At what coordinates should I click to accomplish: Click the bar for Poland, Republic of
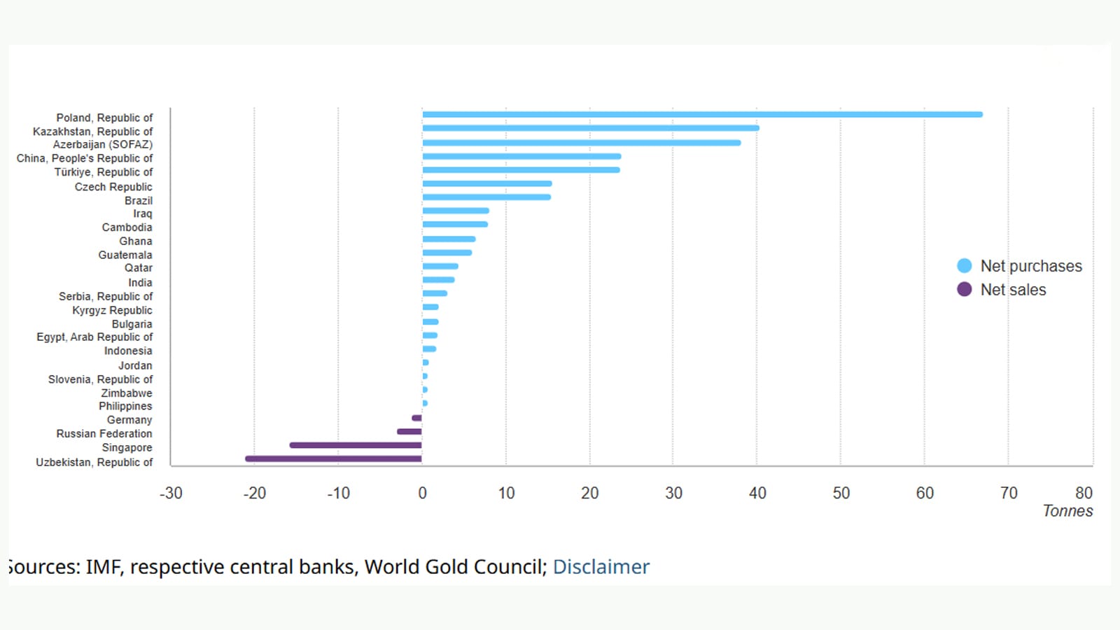click(702, 114)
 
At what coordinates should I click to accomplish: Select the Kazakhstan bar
click(590, 128)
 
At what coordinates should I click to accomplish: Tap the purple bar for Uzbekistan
click(333, 458)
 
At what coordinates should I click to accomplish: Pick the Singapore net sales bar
click(356, 445)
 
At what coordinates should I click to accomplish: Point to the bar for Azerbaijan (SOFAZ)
click(581, 143)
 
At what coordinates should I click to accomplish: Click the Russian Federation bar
click(409, 432)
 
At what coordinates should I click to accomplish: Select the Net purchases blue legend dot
click(964, 266)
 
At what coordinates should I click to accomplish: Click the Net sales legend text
click(1013, 290)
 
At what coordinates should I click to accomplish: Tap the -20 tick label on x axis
click(254, 493)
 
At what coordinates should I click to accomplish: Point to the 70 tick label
click(1008, 493)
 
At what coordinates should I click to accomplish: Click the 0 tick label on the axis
click(422, 493)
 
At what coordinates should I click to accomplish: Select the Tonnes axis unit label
click(1067, 511)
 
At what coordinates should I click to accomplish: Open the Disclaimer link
click(601, 566)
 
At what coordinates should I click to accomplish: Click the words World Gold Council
click(454, 566)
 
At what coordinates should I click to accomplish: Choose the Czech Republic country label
click(113, 187)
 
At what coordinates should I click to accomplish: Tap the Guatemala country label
click(125, 255)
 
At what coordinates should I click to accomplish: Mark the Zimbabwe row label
click(127, 393)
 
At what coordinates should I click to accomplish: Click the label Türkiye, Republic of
click(104, 172)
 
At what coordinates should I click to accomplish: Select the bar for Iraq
click(455, 211)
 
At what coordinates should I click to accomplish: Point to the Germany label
click(129, 420)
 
